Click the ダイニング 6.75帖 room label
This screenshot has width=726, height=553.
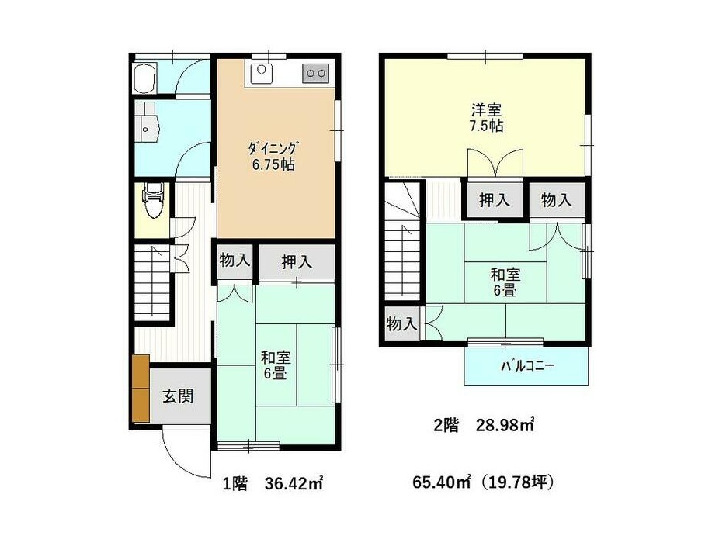click(273, 157)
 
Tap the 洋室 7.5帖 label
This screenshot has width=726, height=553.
click(486, 118)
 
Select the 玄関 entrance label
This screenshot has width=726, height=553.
click(177, 396)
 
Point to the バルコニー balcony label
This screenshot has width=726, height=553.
click(528, 366)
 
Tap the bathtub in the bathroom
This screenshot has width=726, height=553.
click(144, 78)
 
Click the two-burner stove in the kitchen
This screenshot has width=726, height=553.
click(316, 73)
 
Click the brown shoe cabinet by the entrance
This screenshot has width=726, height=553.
click(141, 389)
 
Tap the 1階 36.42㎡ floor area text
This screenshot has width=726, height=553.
click(273, 484)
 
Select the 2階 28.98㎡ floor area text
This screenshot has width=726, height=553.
click(484, 425)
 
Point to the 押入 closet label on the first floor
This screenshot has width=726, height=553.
click(297, 262)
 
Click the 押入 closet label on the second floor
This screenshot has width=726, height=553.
click(494, 200)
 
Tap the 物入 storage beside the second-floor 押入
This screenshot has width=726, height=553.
click(557, 200)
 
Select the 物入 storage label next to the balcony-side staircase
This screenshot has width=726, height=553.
click(401, 323)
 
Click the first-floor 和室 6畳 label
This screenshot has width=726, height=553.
click(276, 365)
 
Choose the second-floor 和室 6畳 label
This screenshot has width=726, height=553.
click(505, 282)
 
